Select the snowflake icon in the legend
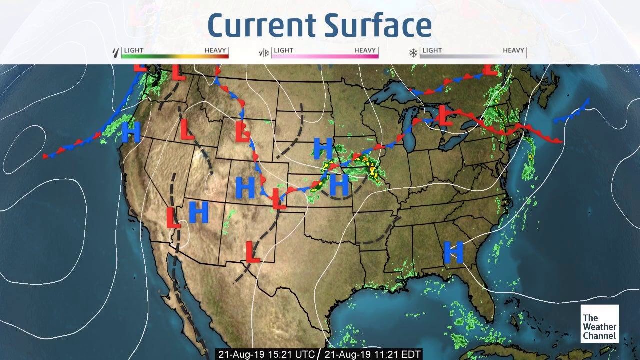point(413,51)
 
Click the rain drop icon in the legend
point(117,51)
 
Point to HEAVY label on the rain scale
point(216,50)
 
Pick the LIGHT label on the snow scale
point(432,50)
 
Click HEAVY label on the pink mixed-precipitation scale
point(366,50)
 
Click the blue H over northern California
point(131,132)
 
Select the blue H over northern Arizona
point(198,212)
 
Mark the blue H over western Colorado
point(245,187)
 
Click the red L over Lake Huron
point(445,116)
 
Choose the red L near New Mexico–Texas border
point(252,252)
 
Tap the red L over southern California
point(172,217)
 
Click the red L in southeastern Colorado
point(279,198)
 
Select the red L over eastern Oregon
point(186,129)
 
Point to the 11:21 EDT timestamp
point(372,354)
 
